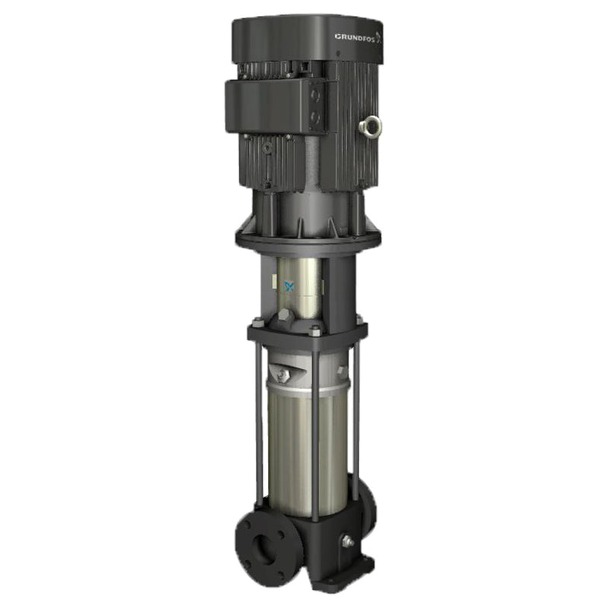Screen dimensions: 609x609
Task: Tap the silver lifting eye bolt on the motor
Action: coord(373,125)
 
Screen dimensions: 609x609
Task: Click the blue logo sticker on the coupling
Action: coord(289,286)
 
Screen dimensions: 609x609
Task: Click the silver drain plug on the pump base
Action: coord(348,540)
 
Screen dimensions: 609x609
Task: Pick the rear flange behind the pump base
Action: coord(365,506)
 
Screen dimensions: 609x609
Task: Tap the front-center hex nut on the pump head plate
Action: coord(314,330)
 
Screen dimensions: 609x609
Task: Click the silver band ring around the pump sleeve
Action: coord(304,390)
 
